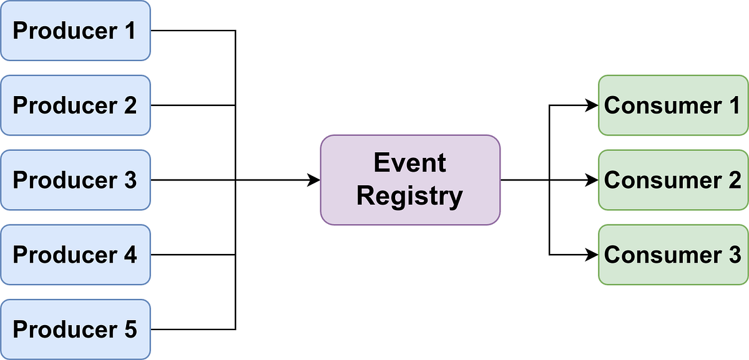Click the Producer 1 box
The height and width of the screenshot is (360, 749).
[x=75, y=31]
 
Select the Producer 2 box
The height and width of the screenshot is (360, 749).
[x=75, y=105]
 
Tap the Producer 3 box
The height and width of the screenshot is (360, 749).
[x=75, y=180]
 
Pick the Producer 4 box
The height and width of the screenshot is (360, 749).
[x=75, y=255]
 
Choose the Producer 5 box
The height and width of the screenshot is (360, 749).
[x=75, y=329]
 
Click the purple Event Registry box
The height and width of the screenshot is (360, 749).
[x=410, y=180]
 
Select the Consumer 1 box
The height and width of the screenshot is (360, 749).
[x=673, y=105]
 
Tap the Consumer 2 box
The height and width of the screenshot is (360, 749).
[x=673, y=180]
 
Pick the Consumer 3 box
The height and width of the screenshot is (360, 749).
[x=673, y=255]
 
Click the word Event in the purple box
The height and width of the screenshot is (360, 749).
[x=410, y=163]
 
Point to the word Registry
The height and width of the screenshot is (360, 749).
[x=410, y=196]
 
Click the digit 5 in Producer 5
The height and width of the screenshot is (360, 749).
[x=129, y=329]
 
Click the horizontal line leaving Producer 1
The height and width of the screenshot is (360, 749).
[x=193, y=31]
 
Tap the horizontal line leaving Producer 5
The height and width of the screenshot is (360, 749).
[x=193, y=329]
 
